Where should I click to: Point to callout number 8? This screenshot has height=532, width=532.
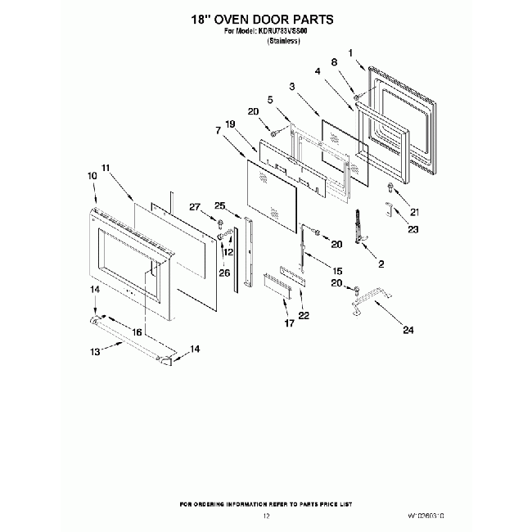[334, 62]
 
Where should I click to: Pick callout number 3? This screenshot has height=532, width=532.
[291, 87]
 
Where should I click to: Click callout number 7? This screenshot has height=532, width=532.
[219, 130]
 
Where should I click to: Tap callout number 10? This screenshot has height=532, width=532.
[92, 175]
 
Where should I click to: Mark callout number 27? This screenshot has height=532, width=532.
[195, 206]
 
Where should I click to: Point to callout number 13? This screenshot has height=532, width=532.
[95, 351]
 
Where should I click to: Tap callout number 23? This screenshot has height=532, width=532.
[413, 230]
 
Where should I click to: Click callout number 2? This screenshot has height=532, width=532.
[379, 264]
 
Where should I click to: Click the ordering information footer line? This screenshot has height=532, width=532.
[266, 503]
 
